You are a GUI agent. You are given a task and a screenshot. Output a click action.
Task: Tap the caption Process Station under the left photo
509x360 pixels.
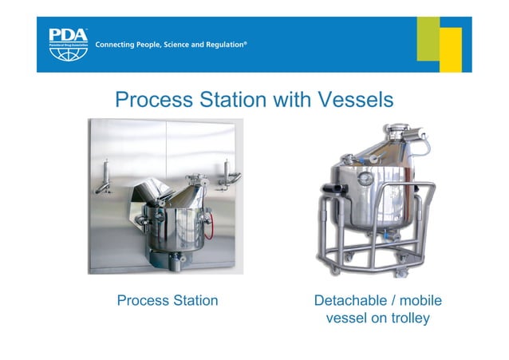pyautogui.click(x=167, y=301)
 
